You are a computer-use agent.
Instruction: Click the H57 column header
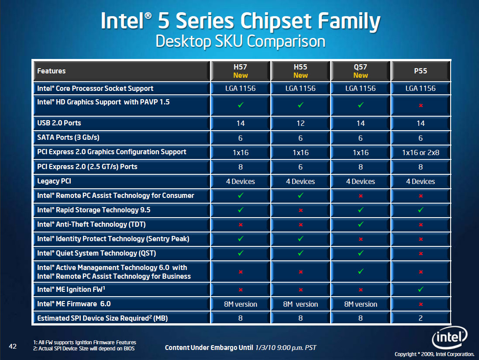pos(241,71)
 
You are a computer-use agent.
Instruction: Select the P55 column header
pos(420,71)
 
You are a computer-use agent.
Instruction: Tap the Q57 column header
pos(361,71)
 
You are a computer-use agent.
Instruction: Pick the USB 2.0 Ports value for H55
pos(300,123)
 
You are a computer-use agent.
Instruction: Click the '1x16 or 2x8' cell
pos(420,152)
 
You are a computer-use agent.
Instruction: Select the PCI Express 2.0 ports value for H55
pos(300,167)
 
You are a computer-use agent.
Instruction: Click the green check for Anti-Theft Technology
pos(361,225)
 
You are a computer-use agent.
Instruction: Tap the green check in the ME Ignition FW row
pos(420,289)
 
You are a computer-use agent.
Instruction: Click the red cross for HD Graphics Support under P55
pos(420,106)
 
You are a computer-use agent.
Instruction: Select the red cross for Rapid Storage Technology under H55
pos(300,210)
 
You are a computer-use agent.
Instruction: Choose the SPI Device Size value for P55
pos(420,318)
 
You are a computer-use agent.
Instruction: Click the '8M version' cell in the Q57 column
pos(361,304)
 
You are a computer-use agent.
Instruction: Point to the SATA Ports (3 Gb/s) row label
pos(68,138)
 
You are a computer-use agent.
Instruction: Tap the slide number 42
pos(13,346)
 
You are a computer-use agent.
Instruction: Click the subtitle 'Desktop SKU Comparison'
pos(240,42)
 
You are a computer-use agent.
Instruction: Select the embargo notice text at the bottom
pos(240,348)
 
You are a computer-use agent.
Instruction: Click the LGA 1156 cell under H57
pos(241,88)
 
